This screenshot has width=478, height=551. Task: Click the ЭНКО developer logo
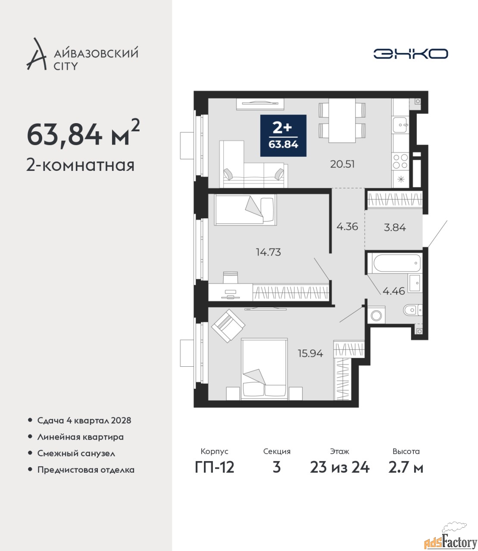(x=410, y=53)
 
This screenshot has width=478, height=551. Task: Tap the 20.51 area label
(x=342, y=164)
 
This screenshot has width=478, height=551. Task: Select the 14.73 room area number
(x=269, y=252)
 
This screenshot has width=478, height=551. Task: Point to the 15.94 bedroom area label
(x=310, y=353)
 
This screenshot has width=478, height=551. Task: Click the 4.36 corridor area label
(x=347, y=226)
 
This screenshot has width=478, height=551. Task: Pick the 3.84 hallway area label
(x=395, y=227)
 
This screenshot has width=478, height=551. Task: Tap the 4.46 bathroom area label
(x=394, y=291)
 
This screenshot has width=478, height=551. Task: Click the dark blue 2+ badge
(x=283, y=136)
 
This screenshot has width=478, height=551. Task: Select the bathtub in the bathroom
(x=394, y=263)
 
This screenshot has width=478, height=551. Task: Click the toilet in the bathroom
(x=412, y=310)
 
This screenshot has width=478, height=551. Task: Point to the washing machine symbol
(x=376, y=315)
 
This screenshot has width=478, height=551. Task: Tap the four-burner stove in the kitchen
(x=400, y=161)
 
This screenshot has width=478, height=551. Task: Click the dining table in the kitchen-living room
(x=342, y=121)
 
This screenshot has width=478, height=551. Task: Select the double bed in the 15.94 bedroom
(x=265, y=369)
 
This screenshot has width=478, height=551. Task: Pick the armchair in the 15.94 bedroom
(x=228, y=326)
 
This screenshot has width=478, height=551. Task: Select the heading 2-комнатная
(x=80, y=165)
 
